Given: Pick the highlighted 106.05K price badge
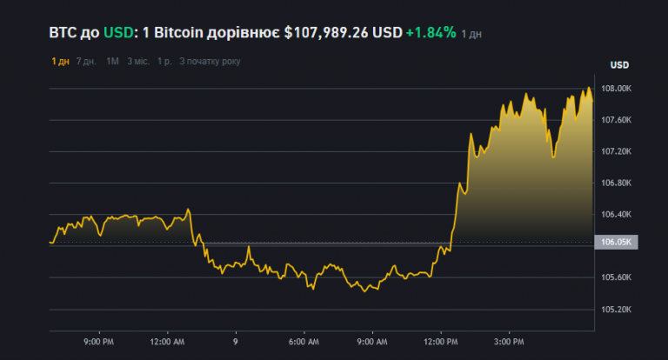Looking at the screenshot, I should (x=615, y=242).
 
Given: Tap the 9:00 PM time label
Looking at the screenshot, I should (x=97, y=343).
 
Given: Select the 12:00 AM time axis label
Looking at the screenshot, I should (x=166, y=343).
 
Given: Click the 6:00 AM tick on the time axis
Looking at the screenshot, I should (x=304, y=343).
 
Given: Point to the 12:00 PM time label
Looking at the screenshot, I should (x=440, y=343).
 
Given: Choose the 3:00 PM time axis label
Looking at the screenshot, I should (x=509, y=343).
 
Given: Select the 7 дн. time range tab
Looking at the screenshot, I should (x=86, y=62).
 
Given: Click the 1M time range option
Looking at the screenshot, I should (x=113, y=62).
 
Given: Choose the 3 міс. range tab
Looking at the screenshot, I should (x=137, y=62).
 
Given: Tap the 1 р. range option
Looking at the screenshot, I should (x=164, y=62).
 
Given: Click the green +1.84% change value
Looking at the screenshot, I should (x=431, y=33).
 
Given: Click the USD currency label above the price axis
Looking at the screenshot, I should (x=619, y=65).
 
